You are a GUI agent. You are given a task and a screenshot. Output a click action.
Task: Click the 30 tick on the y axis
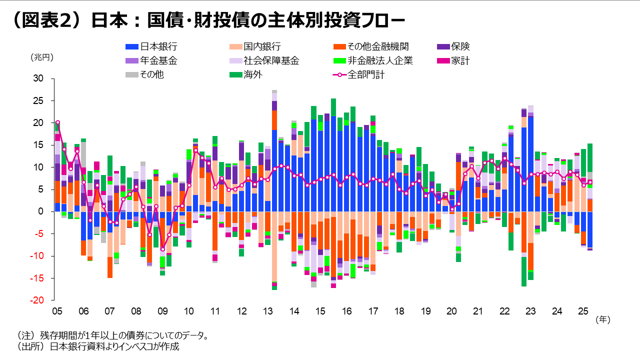(38, 78)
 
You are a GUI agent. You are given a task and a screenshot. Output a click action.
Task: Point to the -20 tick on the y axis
(37, 300)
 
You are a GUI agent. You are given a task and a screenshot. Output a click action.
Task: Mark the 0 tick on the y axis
(41, 211)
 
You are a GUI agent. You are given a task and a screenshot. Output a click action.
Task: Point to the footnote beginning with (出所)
(98, 346)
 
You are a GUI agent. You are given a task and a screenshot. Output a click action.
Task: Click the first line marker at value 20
(57, 122)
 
